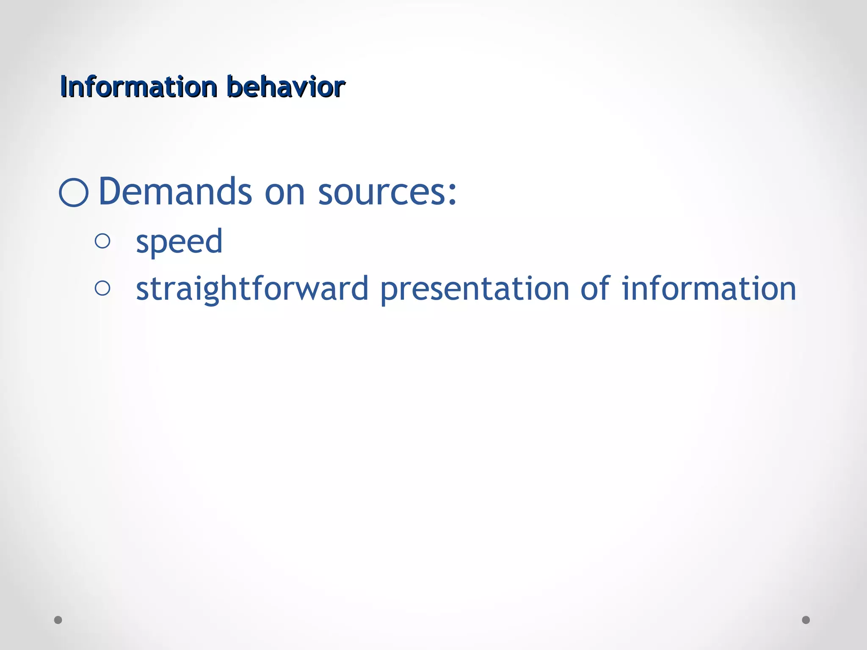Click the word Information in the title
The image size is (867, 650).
coord(138,87)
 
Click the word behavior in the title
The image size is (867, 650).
coord(286,87)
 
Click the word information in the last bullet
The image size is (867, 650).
coord(709,289)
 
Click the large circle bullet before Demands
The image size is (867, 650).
coord(74,193)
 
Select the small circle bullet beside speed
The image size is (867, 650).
coord(102,241)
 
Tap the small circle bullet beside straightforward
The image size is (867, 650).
coord(102,289)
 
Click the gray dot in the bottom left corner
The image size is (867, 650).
coord(58,620)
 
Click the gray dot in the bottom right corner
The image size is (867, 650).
coord(806,620)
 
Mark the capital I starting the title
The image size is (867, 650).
coord(63,87)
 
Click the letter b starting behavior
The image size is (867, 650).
coord(234,87)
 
